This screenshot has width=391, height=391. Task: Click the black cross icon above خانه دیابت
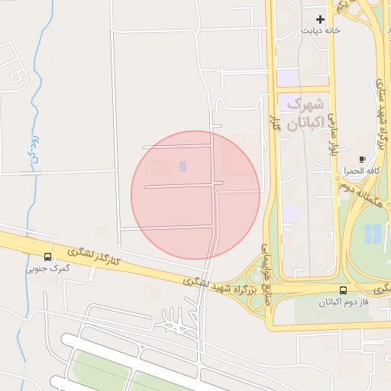[x=319, y=19]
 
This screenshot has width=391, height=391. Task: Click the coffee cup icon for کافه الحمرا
[x=362, y=160]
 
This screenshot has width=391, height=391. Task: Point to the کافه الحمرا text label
[x=357, y=171]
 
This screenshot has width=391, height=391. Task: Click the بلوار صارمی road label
[x=332, y=137]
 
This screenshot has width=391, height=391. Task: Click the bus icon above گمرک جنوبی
[x=48, y=257]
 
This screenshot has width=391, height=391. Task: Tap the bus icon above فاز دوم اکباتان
[x=343, y=290]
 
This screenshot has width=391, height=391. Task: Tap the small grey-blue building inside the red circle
[x=183, y=166]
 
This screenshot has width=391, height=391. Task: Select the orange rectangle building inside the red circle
[x=161, y=167]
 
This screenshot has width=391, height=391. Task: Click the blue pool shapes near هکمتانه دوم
[x=373, y=234]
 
